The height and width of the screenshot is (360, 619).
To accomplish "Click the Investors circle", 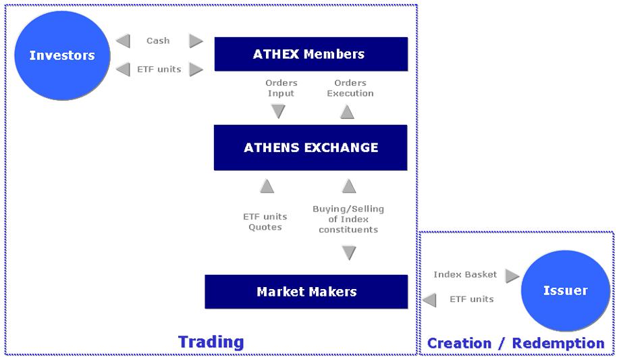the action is [62, 55].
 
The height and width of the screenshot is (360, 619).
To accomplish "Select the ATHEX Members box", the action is [311, 54].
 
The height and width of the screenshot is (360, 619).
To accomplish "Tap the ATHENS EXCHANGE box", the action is [311, 147].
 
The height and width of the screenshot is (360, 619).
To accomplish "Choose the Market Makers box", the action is [306, 292].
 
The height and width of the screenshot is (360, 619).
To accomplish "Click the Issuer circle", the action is [565, 290].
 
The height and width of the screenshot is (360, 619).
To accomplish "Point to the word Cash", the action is [158, 41].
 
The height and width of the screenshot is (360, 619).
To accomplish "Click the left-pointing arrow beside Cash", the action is [123, 41].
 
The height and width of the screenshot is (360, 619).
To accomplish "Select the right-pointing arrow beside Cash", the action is [196, 41].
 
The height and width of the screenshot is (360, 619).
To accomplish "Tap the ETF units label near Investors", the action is [159, 69].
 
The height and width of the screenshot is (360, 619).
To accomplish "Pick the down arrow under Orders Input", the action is [278, 111].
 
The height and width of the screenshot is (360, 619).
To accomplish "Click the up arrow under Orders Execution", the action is [347, 112].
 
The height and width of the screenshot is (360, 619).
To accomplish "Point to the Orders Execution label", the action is [350, 88].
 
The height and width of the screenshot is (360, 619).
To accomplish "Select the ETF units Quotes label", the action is [265, 222].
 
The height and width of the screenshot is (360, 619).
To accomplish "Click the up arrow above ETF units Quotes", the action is [267, 186].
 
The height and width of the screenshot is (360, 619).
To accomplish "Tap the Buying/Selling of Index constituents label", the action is [348, 219].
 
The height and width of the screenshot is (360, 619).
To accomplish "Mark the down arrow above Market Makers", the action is [349, 253].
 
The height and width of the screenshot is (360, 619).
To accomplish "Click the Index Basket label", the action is [465, 274].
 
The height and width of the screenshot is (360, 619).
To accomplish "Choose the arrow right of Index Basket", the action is [512, 276].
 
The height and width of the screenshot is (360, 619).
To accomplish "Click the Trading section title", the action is [211, 342].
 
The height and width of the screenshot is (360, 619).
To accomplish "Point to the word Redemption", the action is [558, 343].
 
